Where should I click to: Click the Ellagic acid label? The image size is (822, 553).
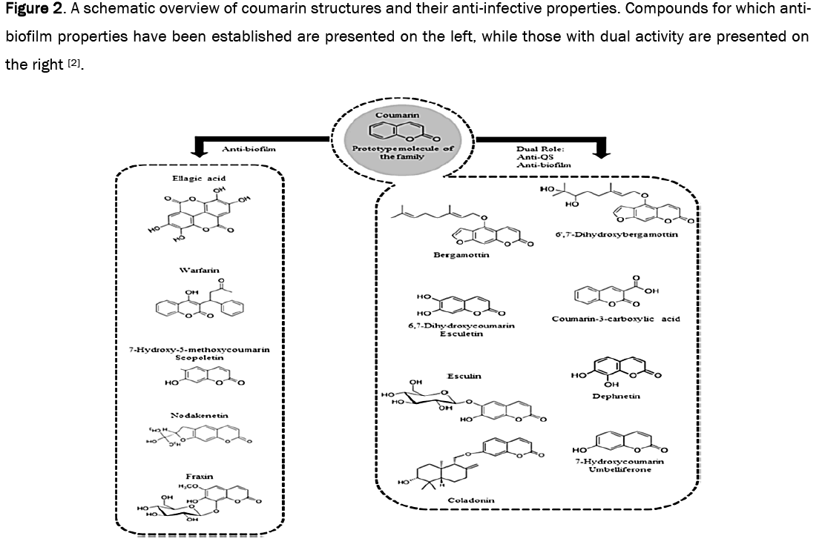[x=198, y=178]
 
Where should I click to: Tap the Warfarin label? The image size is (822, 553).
[x=198, y=270]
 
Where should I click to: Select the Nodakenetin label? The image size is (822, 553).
[x=198, y=416]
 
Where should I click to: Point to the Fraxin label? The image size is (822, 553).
[x=199, y=476]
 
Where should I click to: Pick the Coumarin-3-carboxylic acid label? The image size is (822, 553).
[x=616, y=319]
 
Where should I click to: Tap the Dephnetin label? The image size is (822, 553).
[x=616, y=397]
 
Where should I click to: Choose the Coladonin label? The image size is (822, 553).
[x=470, y=500]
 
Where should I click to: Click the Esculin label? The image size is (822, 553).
[x=464, y=376]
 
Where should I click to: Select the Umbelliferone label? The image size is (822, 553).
[x=619, y=469]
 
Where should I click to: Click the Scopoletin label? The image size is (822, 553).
[x=198, y=357]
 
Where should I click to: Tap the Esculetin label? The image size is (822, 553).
[x=461, y=334]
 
